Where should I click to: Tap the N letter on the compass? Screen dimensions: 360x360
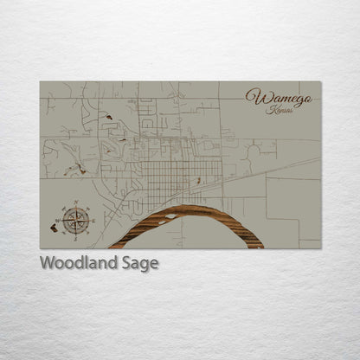pos(76,204)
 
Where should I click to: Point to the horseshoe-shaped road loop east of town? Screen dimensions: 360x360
pos(254,156)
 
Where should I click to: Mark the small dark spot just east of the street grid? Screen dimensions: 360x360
pos(201,181)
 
